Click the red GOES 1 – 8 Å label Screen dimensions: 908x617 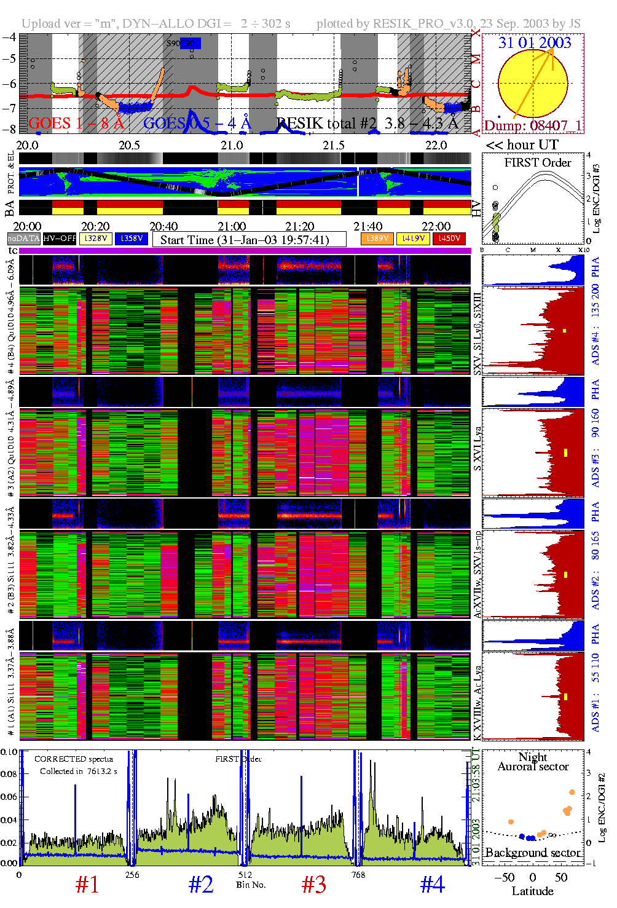[76, 124]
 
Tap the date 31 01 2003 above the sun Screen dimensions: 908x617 [535, 43]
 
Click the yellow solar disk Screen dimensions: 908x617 [533, 84]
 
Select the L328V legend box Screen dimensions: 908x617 [96, 239]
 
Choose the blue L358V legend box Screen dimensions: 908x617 [132, 239]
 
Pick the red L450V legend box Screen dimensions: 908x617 [449, 239]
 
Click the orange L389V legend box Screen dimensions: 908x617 [377, 239]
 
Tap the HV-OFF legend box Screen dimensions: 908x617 [60, 239]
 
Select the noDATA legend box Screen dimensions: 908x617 [24, 239]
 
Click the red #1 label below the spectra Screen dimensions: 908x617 [87, 885]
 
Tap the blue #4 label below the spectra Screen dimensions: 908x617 [432, 885]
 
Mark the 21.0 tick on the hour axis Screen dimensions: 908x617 [232, 146]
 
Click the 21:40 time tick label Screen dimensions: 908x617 [367, 227]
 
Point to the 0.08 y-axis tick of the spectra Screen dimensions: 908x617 [9, 774]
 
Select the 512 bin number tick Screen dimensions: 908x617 [245, 875]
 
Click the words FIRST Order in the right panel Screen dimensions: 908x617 [538, 163]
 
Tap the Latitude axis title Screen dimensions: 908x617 [532, 891]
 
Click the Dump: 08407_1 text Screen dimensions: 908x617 [533, 126]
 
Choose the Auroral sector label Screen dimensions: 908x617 [533, 767]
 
